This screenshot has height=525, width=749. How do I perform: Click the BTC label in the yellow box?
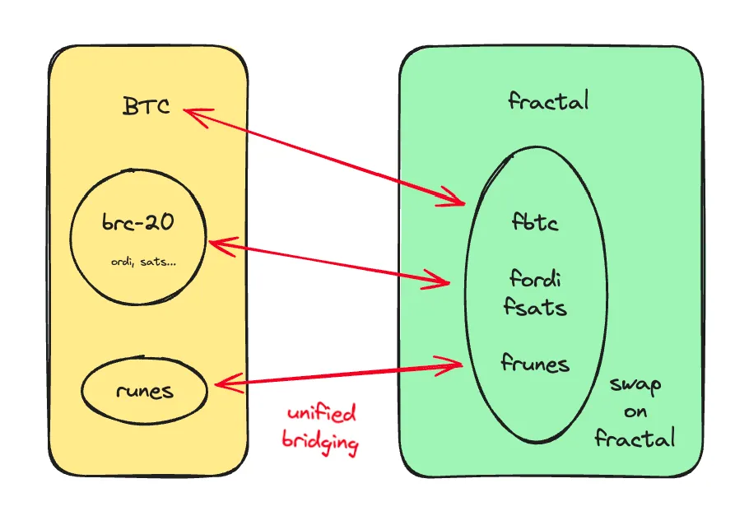(146, 106)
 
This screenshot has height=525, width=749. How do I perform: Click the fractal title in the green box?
(548, 101)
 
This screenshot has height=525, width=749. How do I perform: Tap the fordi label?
(535, 277)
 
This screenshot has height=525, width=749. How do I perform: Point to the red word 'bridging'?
(320, 443)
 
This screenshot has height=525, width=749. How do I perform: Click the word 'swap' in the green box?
(635, 384)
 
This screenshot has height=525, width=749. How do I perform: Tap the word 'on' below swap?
(635, 411)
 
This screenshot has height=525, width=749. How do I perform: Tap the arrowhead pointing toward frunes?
(455, 363)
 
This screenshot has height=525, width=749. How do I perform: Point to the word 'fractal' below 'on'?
(635, 437)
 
